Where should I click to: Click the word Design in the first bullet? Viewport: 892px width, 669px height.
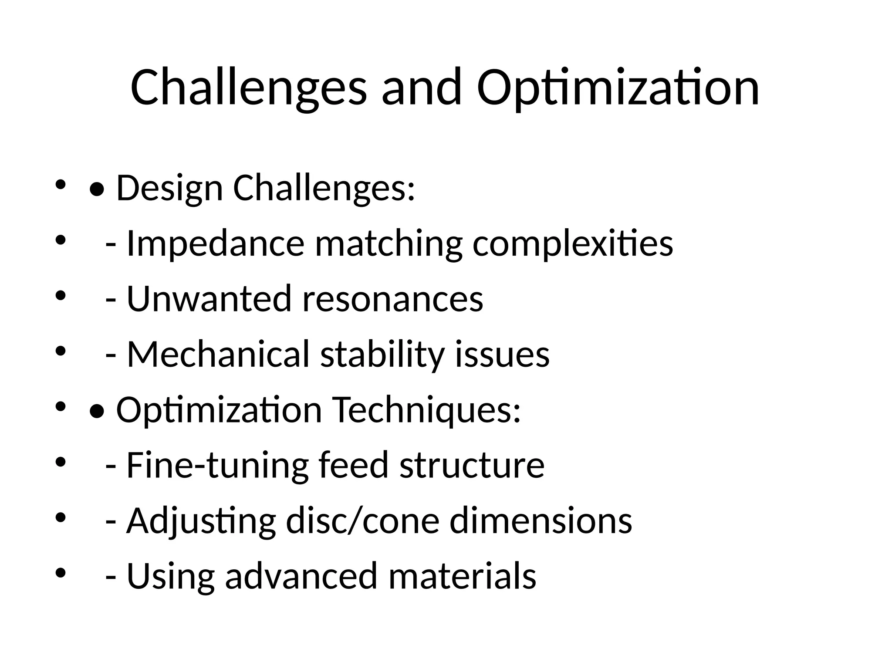[169, 188]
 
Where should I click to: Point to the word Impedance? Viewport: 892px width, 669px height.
[215, 243]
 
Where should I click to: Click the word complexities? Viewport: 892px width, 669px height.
[573, 243]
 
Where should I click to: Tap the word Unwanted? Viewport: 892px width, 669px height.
[209, 299]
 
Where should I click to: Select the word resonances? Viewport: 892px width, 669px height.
[392, 299]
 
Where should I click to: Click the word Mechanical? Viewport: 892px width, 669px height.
[218, 355]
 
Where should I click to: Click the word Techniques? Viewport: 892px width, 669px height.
[427, 410]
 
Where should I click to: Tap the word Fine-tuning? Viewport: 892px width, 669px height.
[217, 465]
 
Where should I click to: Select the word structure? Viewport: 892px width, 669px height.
[472, 465]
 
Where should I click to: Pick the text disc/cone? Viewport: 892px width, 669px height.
[362, 521]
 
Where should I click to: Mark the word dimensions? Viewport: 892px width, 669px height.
[541, 521]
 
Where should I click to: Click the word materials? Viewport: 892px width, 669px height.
[462, 576]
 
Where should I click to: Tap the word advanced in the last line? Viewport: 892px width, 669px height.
[301, 576]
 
